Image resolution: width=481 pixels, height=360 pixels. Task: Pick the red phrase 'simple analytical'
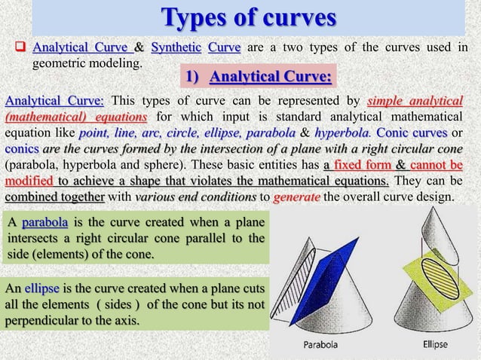[415, 102]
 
